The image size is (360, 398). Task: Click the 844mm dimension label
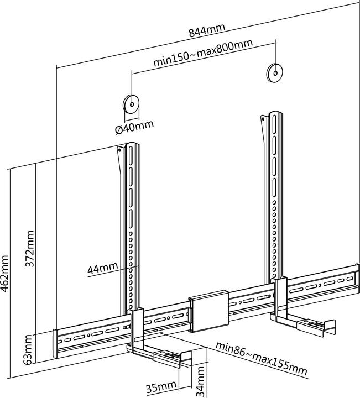207,30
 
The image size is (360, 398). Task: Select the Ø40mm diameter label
134,127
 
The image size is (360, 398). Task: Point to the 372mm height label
30,249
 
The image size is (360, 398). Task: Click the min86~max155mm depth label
262,359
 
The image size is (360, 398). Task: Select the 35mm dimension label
161,387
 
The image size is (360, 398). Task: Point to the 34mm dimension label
200,381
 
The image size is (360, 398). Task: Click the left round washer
132,104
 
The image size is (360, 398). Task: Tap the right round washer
275,73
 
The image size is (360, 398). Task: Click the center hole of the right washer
275,73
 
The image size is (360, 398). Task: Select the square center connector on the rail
208,311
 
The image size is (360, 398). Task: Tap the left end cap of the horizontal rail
55,344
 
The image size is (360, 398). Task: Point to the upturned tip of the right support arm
331,327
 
